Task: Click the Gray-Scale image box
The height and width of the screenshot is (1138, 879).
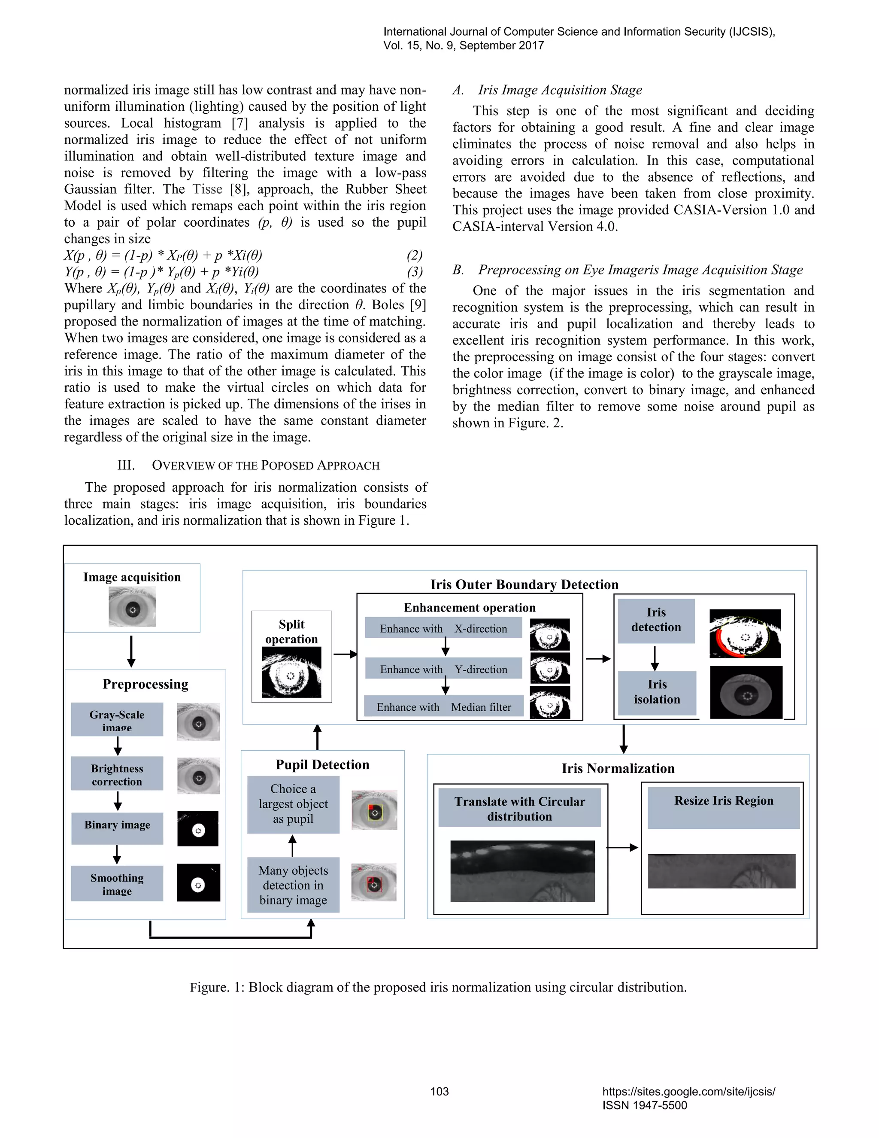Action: (x=117, y=720)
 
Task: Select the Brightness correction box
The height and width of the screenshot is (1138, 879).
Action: (x=117, y=774)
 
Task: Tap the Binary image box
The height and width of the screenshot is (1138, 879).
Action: (x=117, y=828)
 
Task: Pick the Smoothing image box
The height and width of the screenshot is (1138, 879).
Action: (x=117, y=883)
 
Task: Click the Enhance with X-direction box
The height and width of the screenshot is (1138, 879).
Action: (x=443, y=628)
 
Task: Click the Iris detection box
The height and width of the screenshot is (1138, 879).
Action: (x=656, y=621)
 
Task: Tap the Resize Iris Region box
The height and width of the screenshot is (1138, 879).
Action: (x=723, y=807)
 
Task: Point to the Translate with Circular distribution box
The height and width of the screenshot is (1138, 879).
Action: (x=519, y=808)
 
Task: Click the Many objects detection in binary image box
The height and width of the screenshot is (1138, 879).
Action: (x=293, y=885)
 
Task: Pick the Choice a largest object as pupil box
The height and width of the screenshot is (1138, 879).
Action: (x=293, y=804)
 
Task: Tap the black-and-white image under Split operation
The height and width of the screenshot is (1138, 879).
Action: (x=291, y=672)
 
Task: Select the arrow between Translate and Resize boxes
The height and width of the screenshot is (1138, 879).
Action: (x=622, y=847)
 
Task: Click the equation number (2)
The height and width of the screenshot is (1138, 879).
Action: (x=415, y=256)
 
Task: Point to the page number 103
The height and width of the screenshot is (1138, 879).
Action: (x=439, y=1091)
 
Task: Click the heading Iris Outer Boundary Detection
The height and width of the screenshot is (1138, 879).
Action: (x=524, y=584)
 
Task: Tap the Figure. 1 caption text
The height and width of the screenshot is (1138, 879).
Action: (x=439, y=987)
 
